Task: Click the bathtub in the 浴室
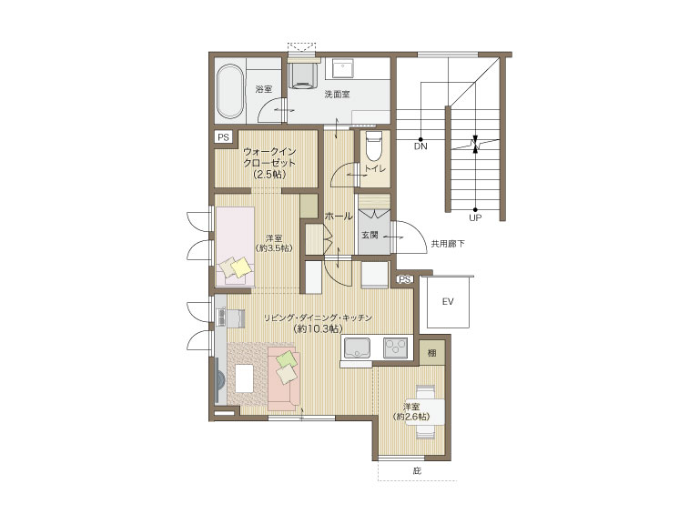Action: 230,91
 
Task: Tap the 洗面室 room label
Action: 337,95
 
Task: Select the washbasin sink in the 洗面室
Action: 343,68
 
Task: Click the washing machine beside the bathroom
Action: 303,75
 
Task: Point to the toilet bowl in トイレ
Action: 373,146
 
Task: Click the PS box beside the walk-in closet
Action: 223,136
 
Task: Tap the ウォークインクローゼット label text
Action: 269,163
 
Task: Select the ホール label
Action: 339,217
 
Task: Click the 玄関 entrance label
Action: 370,235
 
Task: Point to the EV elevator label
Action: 448,302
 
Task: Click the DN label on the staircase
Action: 420,146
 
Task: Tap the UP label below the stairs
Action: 475,218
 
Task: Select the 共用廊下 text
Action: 448,244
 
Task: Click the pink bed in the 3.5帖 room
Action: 235,247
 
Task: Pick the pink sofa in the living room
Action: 284,378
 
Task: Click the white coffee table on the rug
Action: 244,378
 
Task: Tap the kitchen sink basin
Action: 356,348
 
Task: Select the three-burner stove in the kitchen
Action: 396,348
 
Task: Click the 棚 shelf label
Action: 432,353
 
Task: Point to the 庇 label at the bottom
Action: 417,470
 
